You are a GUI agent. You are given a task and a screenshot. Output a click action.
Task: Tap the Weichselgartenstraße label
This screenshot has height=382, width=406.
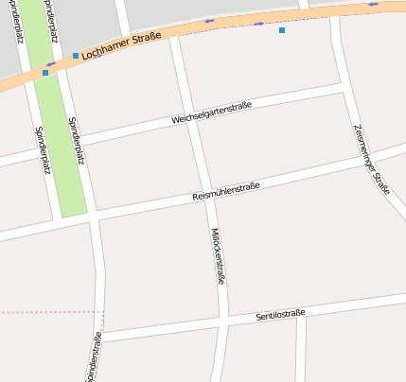pos(212,113)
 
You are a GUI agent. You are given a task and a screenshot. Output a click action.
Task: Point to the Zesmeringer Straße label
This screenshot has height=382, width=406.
pos(370,159)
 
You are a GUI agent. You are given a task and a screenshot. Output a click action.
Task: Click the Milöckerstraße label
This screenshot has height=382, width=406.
pos(218,255)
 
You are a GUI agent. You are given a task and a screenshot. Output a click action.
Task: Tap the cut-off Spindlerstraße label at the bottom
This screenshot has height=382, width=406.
pos(94,359)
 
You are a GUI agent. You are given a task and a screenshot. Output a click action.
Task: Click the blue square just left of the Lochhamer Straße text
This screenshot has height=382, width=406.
pos(76,56)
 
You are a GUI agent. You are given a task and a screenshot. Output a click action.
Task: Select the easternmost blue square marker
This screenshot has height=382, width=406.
pos(281,30)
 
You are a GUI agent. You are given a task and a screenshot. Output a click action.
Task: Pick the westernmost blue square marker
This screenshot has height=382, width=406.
pos(45,72)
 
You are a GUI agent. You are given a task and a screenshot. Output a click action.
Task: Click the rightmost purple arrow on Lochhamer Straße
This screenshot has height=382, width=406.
pos(374,5)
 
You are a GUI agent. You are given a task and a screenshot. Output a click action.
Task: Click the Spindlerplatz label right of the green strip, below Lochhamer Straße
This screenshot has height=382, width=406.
pos(75,141)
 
